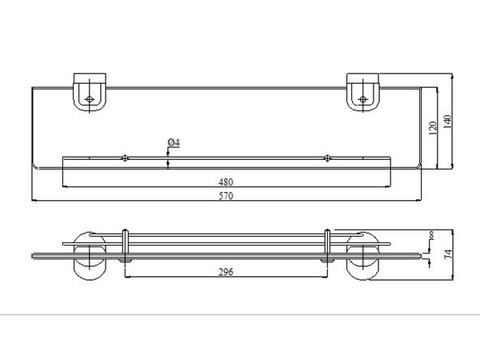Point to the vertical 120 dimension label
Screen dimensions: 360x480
coord(431,129)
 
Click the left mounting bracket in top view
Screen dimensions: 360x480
coord(91,93)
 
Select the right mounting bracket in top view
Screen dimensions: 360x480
coord(366,93)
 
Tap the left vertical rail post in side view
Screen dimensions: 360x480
coord(123,246)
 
